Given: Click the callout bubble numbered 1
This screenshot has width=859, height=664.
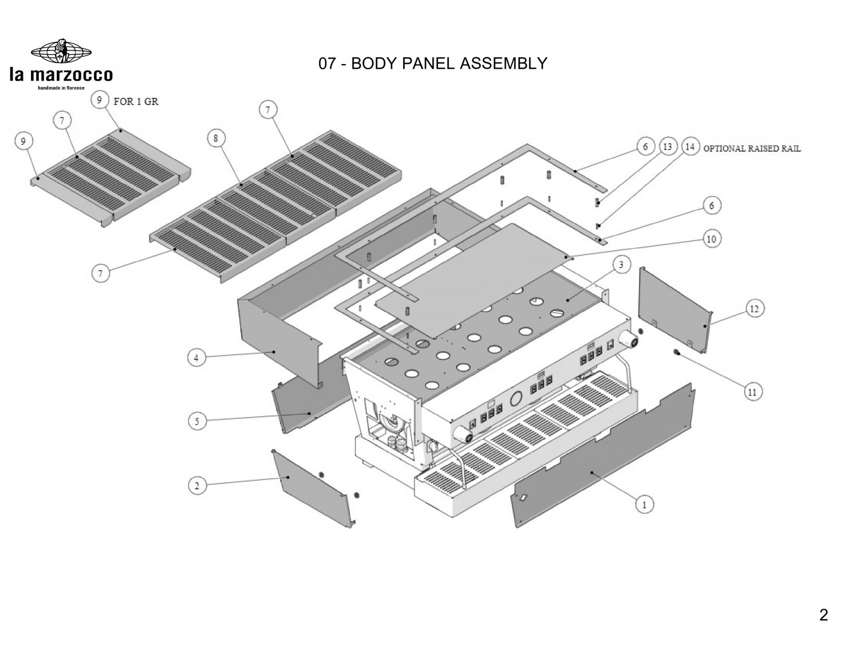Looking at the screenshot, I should pyautogui.click(x=645, y=505).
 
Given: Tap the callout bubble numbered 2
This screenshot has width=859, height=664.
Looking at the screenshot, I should pyautogui.click(x=197, y=485).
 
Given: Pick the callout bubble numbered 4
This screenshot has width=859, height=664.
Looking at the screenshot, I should pyautogui.click(x=196, y=358).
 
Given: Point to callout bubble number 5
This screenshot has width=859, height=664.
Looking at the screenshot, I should pyautogui.click(x=197, y=421).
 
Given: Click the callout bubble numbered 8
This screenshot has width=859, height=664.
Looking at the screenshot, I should pyautogui.click(x=216, y=138).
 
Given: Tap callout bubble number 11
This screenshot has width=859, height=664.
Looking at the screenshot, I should pyautogui.click(x=752, y=392).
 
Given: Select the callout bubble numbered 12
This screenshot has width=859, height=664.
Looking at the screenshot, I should pyautogui.click(x=754, y=309).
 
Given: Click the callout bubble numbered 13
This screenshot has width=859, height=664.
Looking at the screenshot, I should pyautogui.click(x=667, y=147).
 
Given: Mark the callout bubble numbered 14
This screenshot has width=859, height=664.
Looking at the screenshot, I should pyautogui.click(x=690, y=147).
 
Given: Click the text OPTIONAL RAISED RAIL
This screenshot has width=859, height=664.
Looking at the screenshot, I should pyautogui.click(x=752, y=148).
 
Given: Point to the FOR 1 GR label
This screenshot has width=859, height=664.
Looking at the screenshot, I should pyautogui.click(x=136, y=102).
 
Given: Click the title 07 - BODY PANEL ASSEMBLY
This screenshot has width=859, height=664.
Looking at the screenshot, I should pyautogui.click(x=433, y=63).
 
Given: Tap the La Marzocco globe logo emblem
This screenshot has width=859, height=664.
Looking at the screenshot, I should pyautogui.click(x=61, y=52).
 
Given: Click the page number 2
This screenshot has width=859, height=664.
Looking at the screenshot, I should pyautogui.click(x=823, y=615).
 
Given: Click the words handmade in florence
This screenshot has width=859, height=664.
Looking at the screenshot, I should pyautogui.click(x=61, y=88).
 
